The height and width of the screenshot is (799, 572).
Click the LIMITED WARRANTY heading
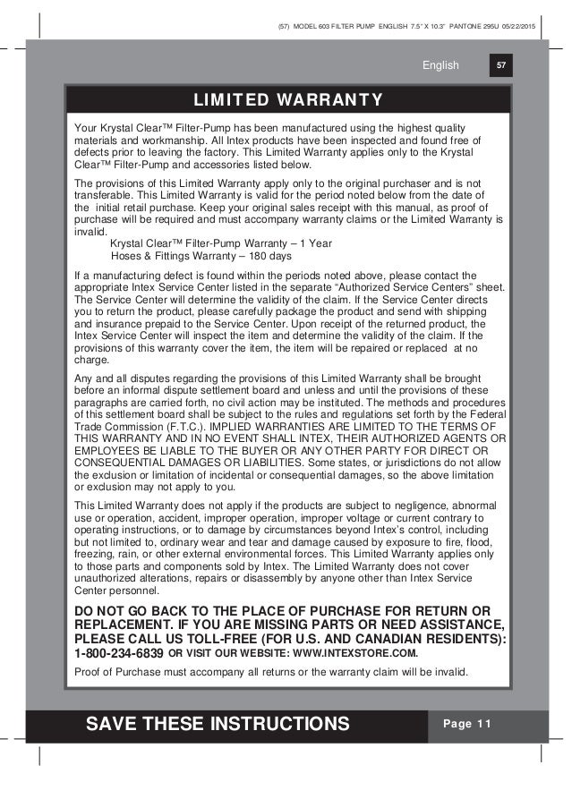coord(286,98)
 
